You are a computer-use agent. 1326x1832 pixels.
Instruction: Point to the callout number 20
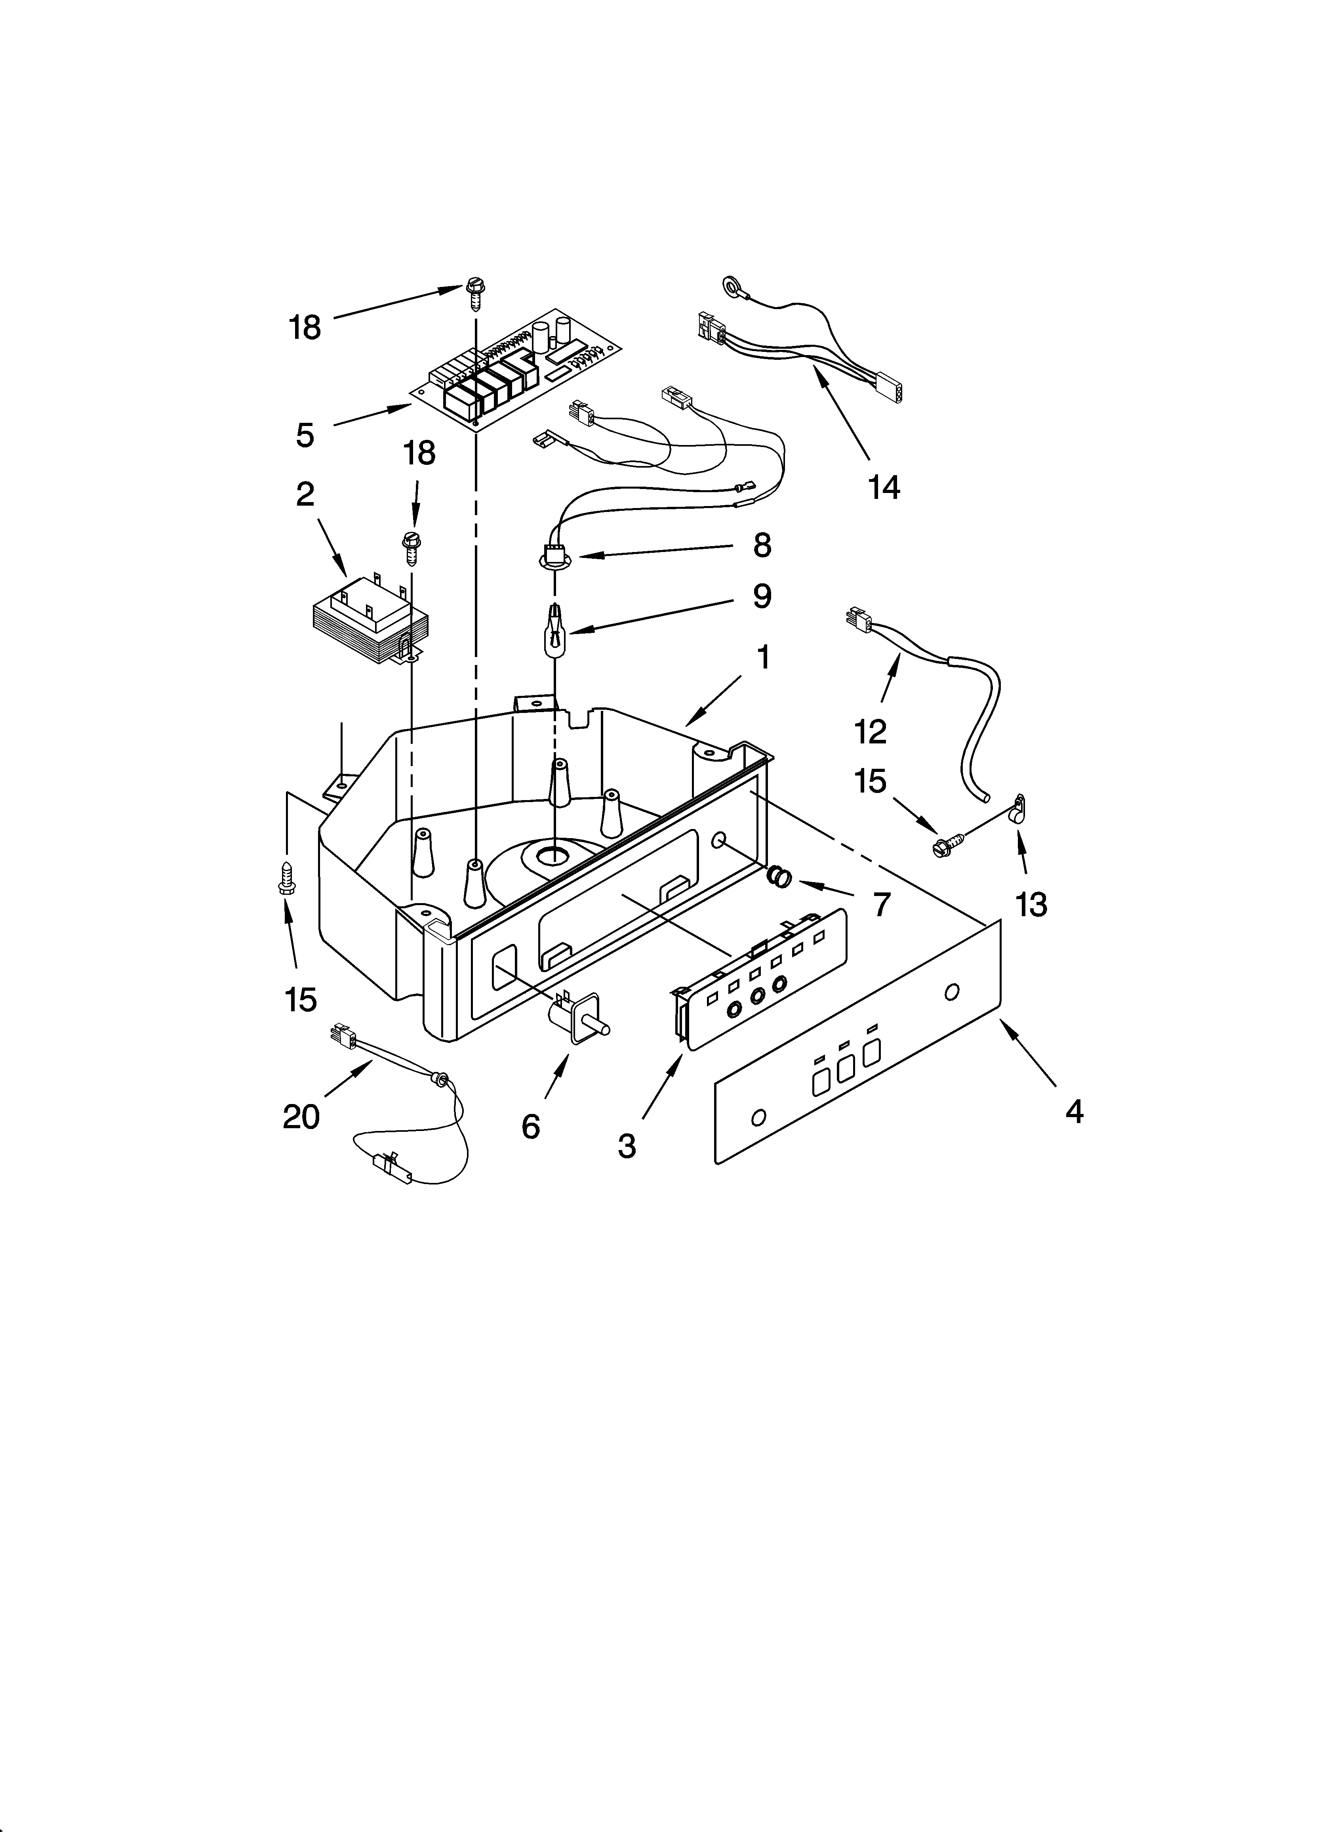(301, 1117)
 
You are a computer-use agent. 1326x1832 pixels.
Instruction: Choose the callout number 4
(1073, 1112)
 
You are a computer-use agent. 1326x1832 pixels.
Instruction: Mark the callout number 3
(627, 1146)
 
